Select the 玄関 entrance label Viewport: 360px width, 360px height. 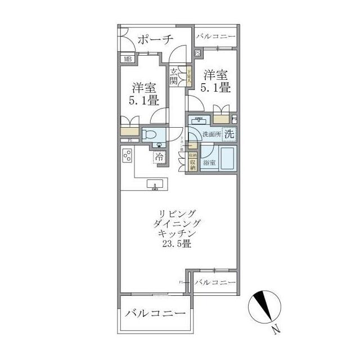click(174, 76)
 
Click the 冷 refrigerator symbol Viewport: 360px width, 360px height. click(160, 157)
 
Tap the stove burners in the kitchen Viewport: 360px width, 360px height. click(127, 155)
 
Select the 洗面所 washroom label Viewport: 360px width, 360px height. click(212, 134)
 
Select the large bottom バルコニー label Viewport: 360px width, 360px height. click(155, 313)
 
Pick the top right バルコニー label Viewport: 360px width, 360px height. click(215, 37)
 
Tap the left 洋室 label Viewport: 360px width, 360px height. click(145, 88)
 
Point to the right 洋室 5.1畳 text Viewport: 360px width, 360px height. click(215, 81)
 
